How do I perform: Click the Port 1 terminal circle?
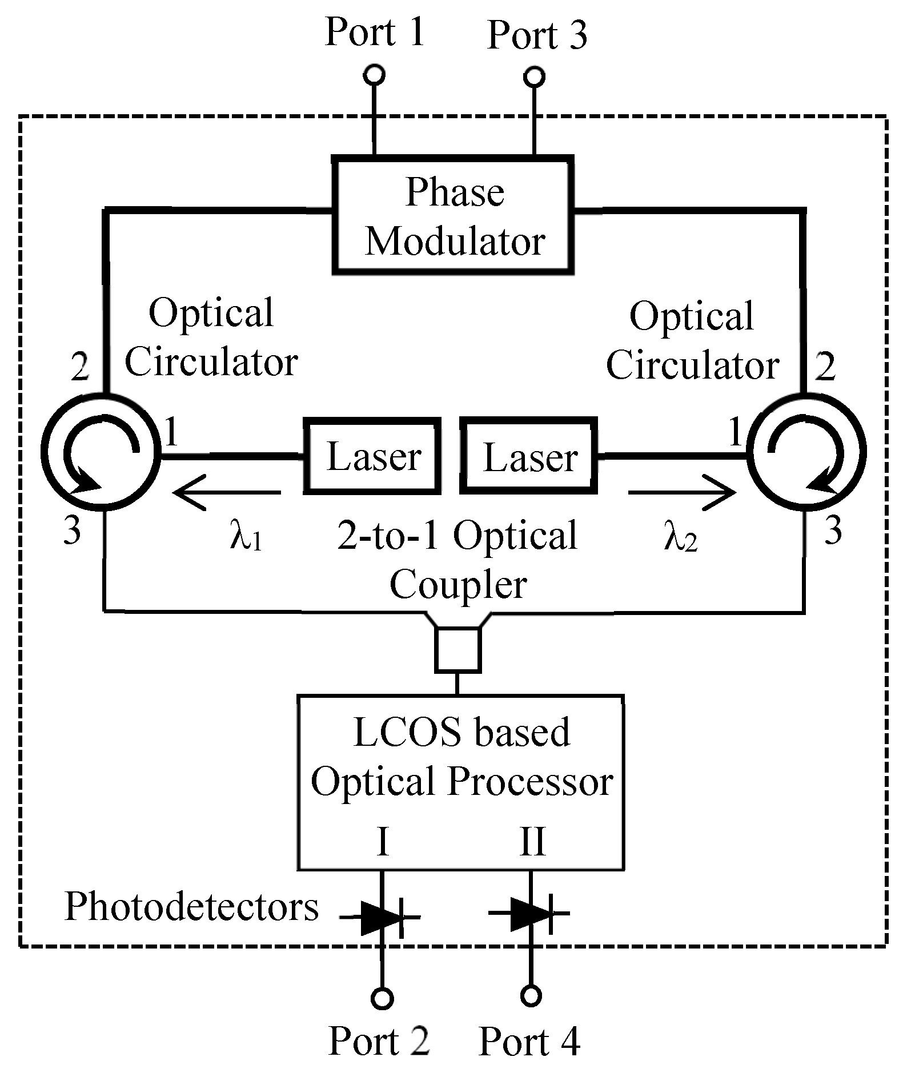click(375, 75)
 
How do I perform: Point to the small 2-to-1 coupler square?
click(458, 649)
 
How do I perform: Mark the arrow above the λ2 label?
click(681, 492)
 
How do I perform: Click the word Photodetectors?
click(191, 907)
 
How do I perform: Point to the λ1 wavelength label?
click(246, 537)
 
